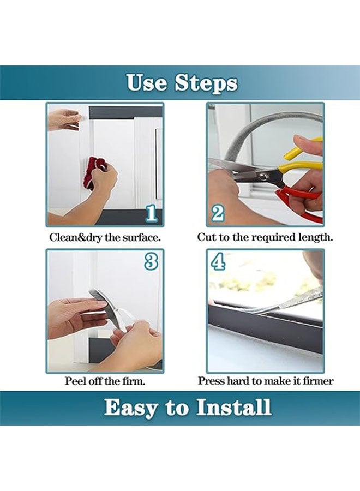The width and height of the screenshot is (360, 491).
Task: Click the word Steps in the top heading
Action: [x=206, y=83]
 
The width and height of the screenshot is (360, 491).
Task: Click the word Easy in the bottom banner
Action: [x=129, y=408]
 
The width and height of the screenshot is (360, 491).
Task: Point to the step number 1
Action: [x=152, y=214]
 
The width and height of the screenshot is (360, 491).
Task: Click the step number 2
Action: [x=218, y=213]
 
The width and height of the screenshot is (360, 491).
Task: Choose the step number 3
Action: [x=151, y=262]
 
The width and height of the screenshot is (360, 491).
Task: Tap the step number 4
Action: [x=218, y=262]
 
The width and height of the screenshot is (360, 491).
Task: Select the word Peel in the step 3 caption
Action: [x=75, y=381]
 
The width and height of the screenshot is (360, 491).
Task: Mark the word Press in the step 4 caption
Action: [x=210, y=381]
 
